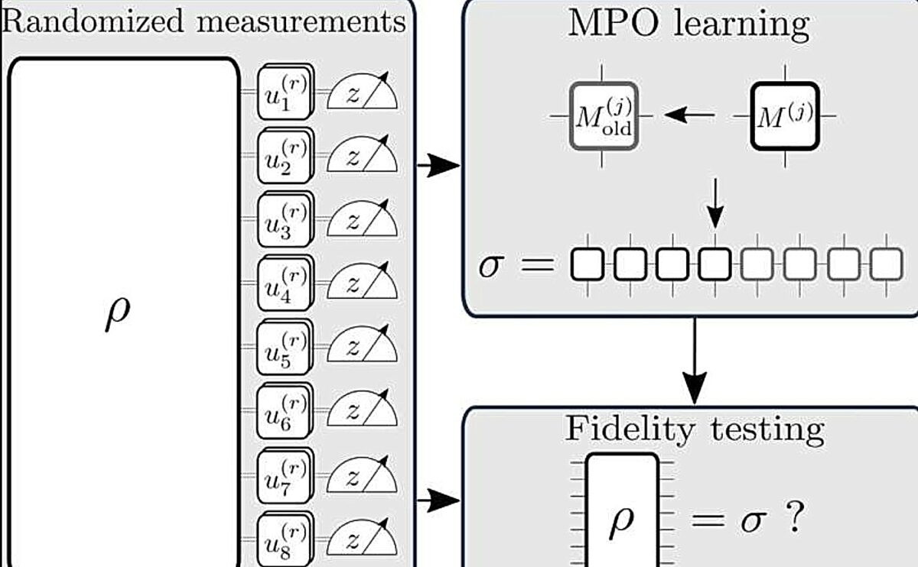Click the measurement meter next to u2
[363, 157]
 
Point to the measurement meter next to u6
[363, 413]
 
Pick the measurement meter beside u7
[363, 478]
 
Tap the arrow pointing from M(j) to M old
[690, 115]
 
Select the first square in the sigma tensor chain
[588, 264]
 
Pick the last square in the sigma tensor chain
[886, 264]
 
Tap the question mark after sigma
[794, 520]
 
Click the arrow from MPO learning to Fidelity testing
[694, 359]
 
